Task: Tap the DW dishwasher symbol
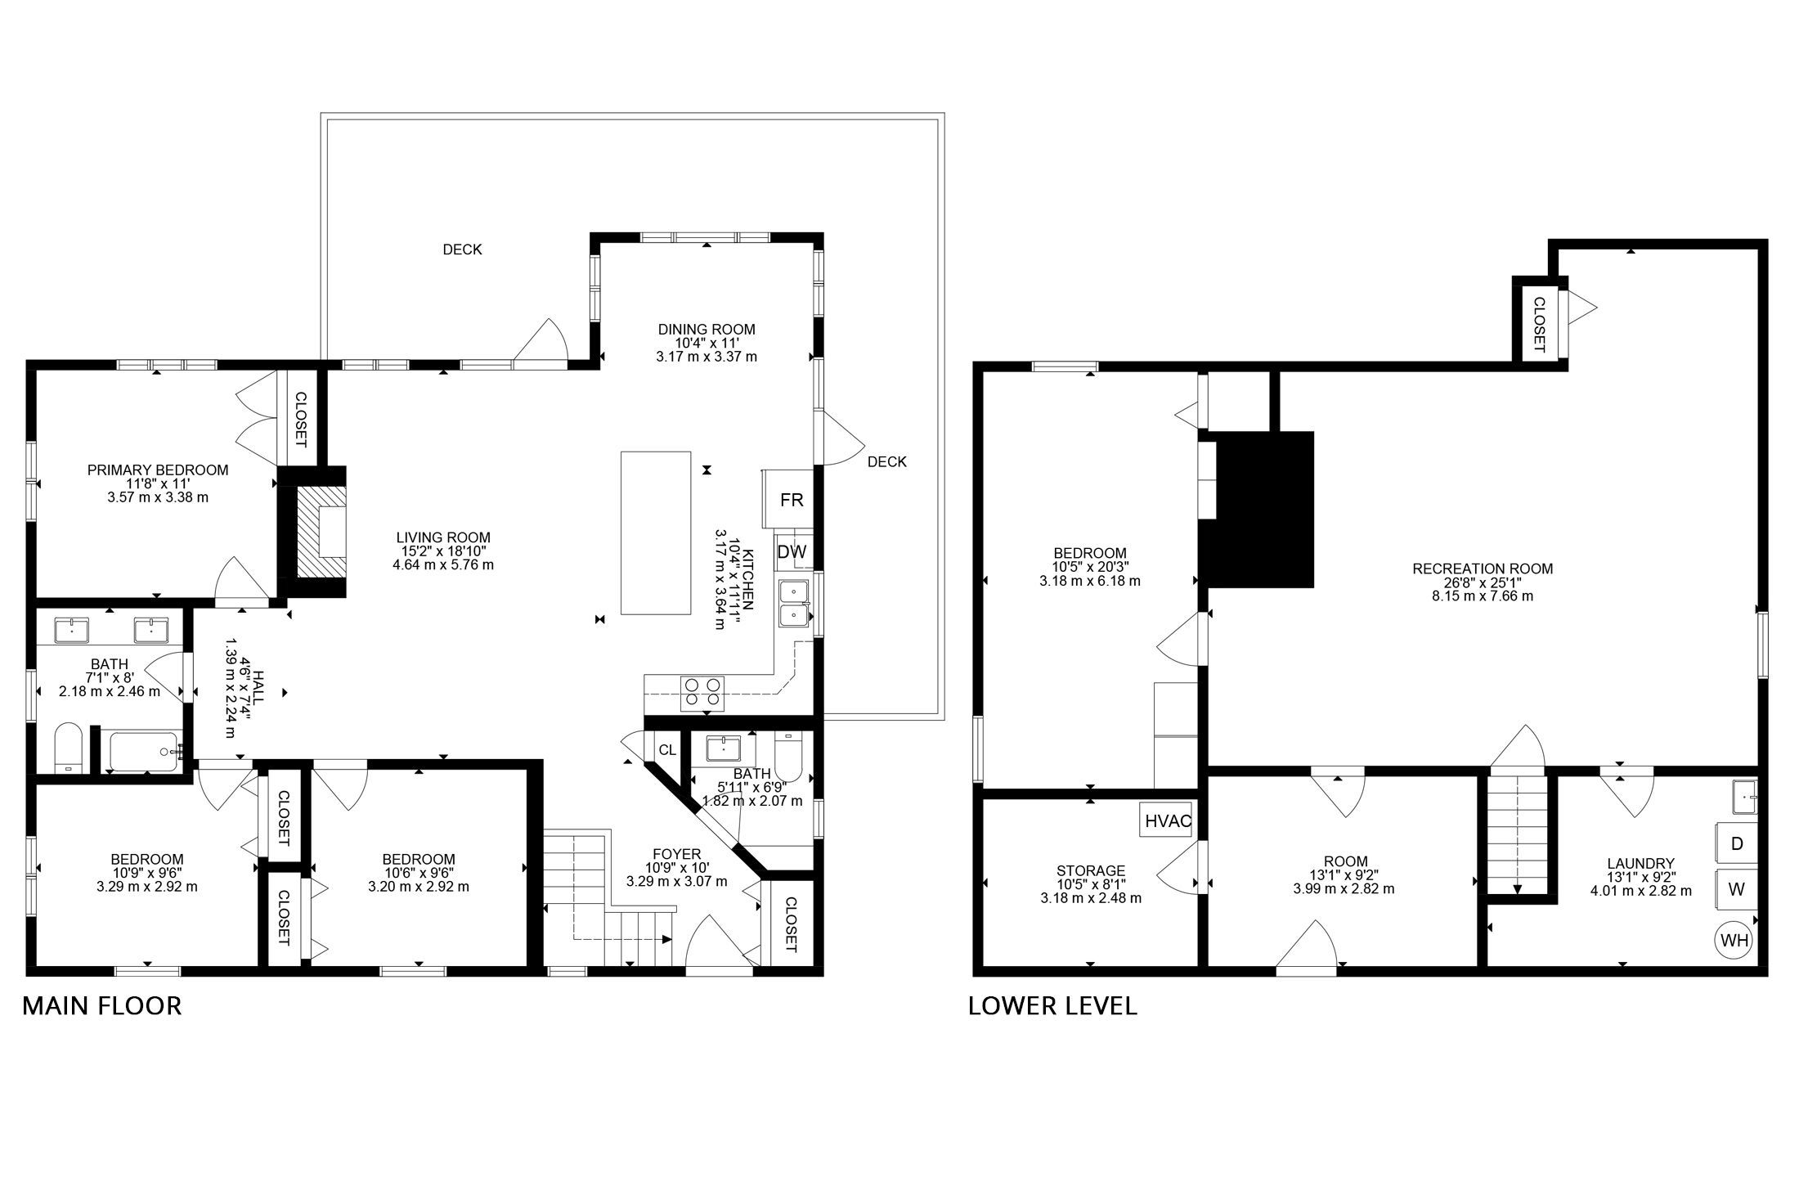(791, 551)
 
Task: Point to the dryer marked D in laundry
(1736, 843)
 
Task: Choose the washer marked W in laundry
(1736, 890)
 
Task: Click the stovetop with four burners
(704, 691)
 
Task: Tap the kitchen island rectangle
(656, 533)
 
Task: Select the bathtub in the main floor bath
(145, 751)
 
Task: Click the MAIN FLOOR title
(101, 1005)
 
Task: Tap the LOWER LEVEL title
(1052, 1005)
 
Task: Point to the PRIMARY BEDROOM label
(158, 470)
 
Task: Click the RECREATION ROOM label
(1483, 569)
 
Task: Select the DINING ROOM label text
(707, 330)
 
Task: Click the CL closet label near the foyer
(667, 750)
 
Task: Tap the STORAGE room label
(1091, 870)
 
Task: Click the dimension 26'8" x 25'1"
(1483, 582)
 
